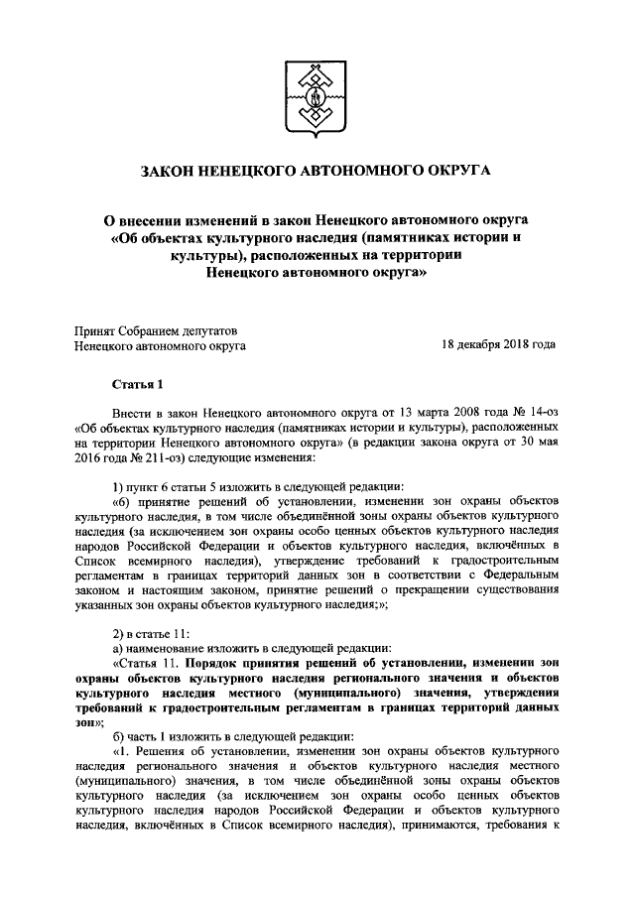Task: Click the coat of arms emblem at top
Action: [x=317, y=93]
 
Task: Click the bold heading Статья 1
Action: [x=136, y=383]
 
